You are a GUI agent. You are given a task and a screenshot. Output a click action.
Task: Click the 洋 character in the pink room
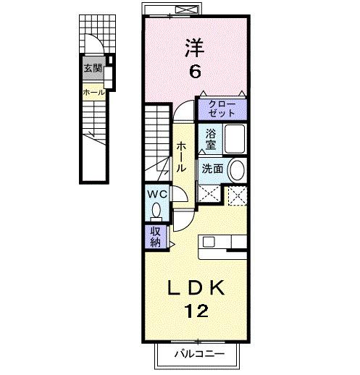click(x=194, y=49)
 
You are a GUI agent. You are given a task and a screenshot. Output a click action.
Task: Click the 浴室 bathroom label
click(x=211, y=139)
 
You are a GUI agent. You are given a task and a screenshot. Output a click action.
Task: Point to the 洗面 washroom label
click(x=212, y=169)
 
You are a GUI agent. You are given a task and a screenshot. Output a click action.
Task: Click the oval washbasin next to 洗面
click(x=237, y=170)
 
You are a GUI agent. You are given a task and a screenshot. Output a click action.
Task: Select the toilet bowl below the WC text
click(x=156, y=211)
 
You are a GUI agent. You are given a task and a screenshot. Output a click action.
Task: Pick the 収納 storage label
click(x=156, y=235)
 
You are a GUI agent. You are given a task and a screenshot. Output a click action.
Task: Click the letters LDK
click(x=196, y=287)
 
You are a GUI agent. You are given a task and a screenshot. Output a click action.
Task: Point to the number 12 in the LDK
click(x=196, y=312)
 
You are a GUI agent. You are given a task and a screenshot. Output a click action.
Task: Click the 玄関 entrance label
click(x=92, y=69)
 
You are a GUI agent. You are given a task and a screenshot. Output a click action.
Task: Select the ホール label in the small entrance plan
click(x=93, y=92)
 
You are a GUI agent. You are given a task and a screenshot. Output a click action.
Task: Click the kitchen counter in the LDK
click(x=224, y=246)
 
